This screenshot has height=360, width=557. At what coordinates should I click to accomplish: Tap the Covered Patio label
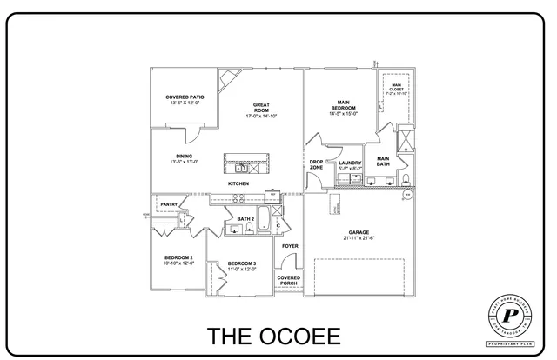(x=185, y=97)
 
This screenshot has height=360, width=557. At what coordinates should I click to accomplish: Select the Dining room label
(x=184, y=156)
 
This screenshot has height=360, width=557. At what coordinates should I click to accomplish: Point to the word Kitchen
(x=238, y=183)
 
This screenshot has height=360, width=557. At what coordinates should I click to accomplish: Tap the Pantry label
(x=169, y=204)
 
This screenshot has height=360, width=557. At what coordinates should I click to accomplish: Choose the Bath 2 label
(x=245, y=219)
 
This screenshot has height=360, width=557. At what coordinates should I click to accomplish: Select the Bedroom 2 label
(x=178, y=257)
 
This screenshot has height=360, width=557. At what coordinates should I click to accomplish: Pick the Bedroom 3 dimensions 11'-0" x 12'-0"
(x=241, y=270)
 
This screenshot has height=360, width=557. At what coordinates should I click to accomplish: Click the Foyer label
(x=290, y=246)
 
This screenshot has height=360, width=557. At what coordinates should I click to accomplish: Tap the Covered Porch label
(x=289, y=280)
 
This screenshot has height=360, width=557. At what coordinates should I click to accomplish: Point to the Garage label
(x=359, y=232)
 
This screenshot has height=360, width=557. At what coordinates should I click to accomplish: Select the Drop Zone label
(x=316, y=164)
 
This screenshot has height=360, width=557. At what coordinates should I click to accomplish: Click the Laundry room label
(x=350, y=163)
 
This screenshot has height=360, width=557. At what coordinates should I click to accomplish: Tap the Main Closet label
(x=396, y=86)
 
